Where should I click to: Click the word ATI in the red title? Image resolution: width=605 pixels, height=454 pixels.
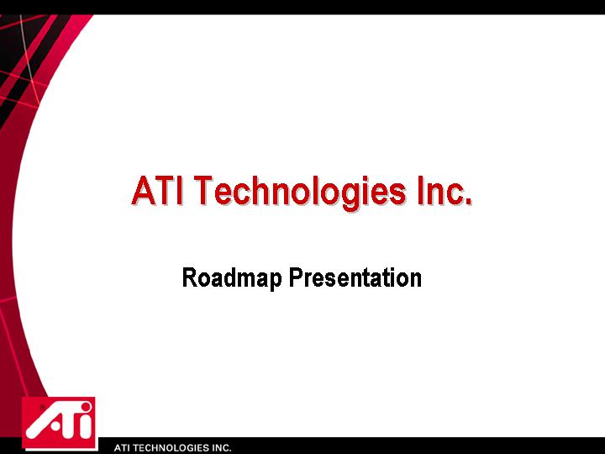(157, 190)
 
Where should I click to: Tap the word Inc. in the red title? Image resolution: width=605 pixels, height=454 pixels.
(445, 190)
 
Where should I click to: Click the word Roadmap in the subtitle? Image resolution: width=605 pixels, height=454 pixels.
(232, 278)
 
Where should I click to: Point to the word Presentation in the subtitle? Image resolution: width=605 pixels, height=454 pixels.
(355, 277)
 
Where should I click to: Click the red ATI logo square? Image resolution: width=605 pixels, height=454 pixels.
(60, 424)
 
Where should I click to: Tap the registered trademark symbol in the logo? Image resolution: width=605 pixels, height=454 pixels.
(42, 407)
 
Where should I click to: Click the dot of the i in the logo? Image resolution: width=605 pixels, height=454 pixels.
(86, 408)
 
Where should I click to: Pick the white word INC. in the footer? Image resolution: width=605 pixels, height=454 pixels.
(221, 448)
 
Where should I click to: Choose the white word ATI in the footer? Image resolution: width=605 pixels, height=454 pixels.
(123, 448)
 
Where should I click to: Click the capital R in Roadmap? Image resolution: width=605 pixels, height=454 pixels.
(189, 277)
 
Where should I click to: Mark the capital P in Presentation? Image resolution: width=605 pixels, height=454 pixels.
(297, 277)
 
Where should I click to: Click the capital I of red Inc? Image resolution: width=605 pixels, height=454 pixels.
(421, 190)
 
